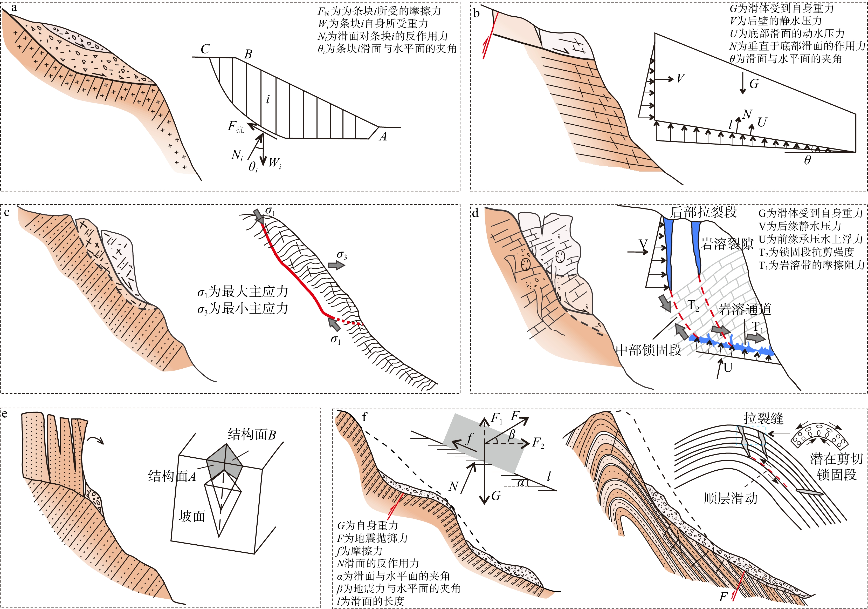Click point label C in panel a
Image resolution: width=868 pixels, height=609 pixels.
(205, 49)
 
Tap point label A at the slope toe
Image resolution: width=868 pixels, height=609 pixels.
(383, 137)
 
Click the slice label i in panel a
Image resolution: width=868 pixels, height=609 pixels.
(268, 99)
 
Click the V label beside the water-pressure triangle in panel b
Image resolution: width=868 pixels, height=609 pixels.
(680, 78)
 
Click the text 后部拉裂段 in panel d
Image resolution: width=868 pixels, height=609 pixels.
(704, 212)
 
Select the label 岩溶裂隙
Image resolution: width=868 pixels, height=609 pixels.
(727, 244)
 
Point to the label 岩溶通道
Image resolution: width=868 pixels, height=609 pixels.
(745, 309)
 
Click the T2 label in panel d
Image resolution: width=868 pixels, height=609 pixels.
(693, 305)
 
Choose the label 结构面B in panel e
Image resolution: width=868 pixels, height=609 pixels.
(251, 435)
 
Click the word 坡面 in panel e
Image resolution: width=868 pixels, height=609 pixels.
(192, 516)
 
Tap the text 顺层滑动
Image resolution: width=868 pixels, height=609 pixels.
(731, 498)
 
